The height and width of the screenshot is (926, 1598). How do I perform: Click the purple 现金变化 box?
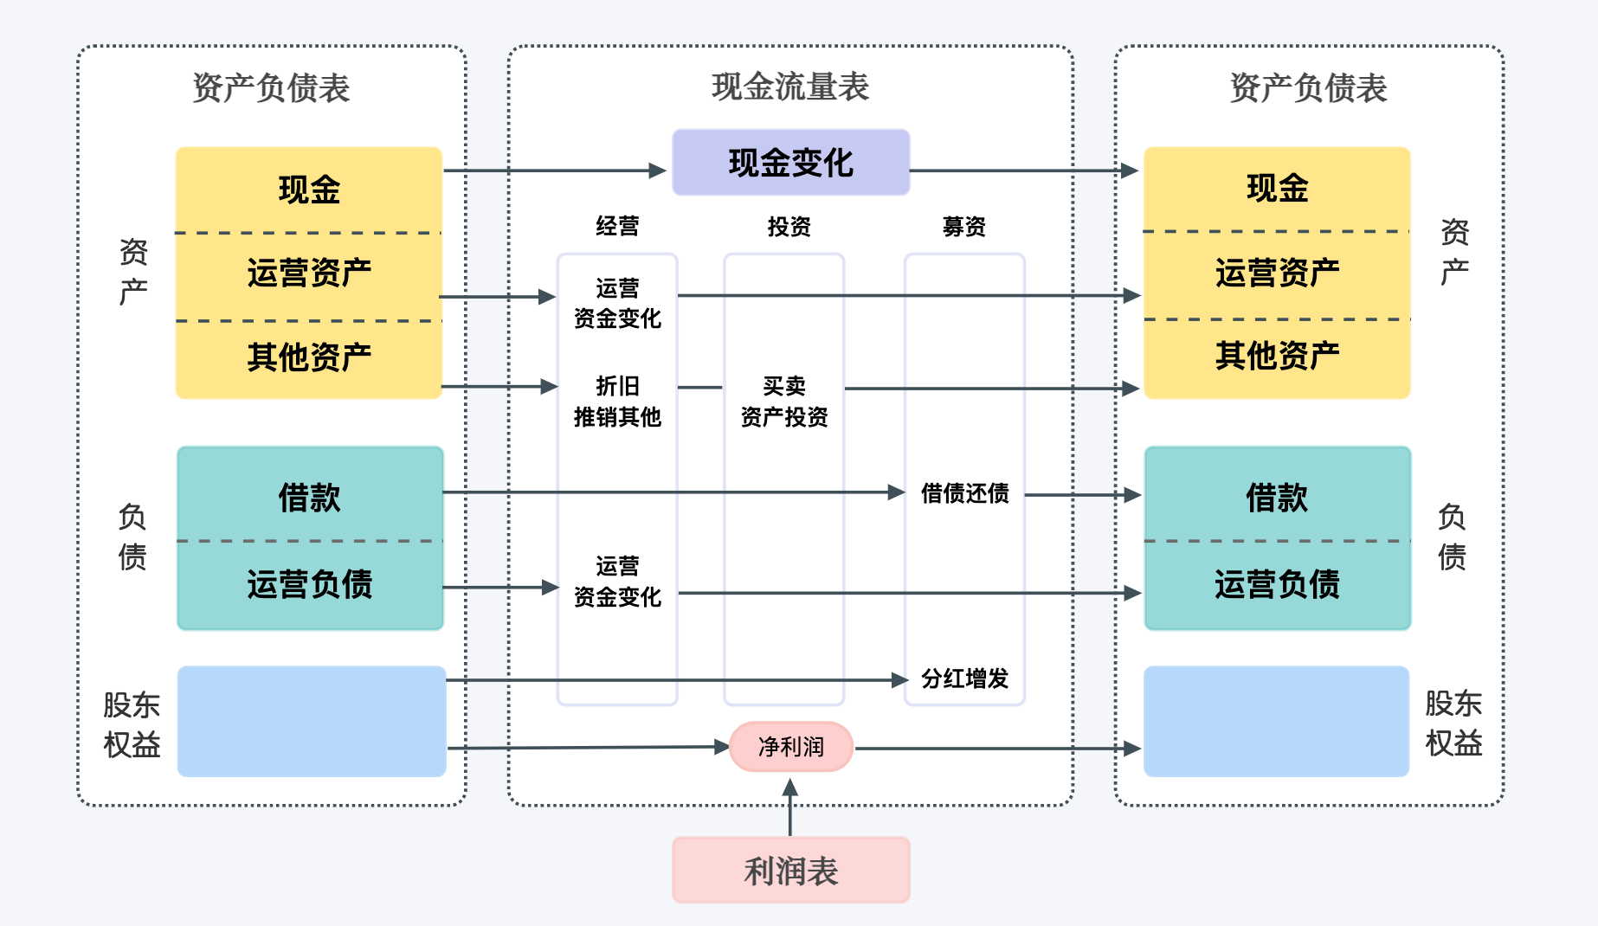pos(790,163)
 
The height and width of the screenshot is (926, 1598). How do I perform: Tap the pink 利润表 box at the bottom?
pos(790,870)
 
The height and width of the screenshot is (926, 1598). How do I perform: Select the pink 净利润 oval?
pos(790,746)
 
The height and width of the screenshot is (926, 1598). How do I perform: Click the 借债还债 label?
pos(964,493)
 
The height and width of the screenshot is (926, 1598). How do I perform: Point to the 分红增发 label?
pos(964,678)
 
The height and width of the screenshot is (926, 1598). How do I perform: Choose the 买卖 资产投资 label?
pos(783,402)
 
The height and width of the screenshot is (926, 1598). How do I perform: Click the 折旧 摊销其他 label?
pos(617,402)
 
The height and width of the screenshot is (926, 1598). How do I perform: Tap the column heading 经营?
pos(617,227)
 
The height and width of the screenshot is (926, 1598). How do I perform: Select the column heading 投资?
pos(789,227)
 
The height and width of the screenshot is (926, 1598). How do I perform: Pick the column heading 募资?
pos(963,227)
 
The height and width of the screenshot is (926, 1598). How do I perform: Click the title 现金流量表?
pos(789,87)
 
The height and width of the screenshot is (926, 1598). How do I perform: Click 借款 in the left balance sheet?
pos(309,497)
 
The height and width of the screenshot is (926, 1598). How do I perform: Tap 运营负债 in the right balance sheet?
pos(1277,584)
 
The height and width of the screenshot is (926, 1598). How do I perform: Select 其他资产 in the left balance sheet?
pos(309,357)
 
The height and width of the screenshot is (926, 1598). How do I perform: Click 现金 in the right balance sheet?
pos(1277,188)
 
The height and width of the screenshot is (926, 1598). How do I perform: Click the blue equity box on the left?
pos(311,720)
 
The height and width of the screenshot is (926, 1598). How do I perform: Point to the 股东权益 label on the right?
pos(1453,723)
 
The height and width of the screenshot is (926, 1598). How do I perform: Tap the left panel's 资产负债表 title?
pos(270,87)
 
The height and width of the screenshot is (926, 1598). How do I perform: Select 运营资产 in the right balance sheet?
pos(1277,273)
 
